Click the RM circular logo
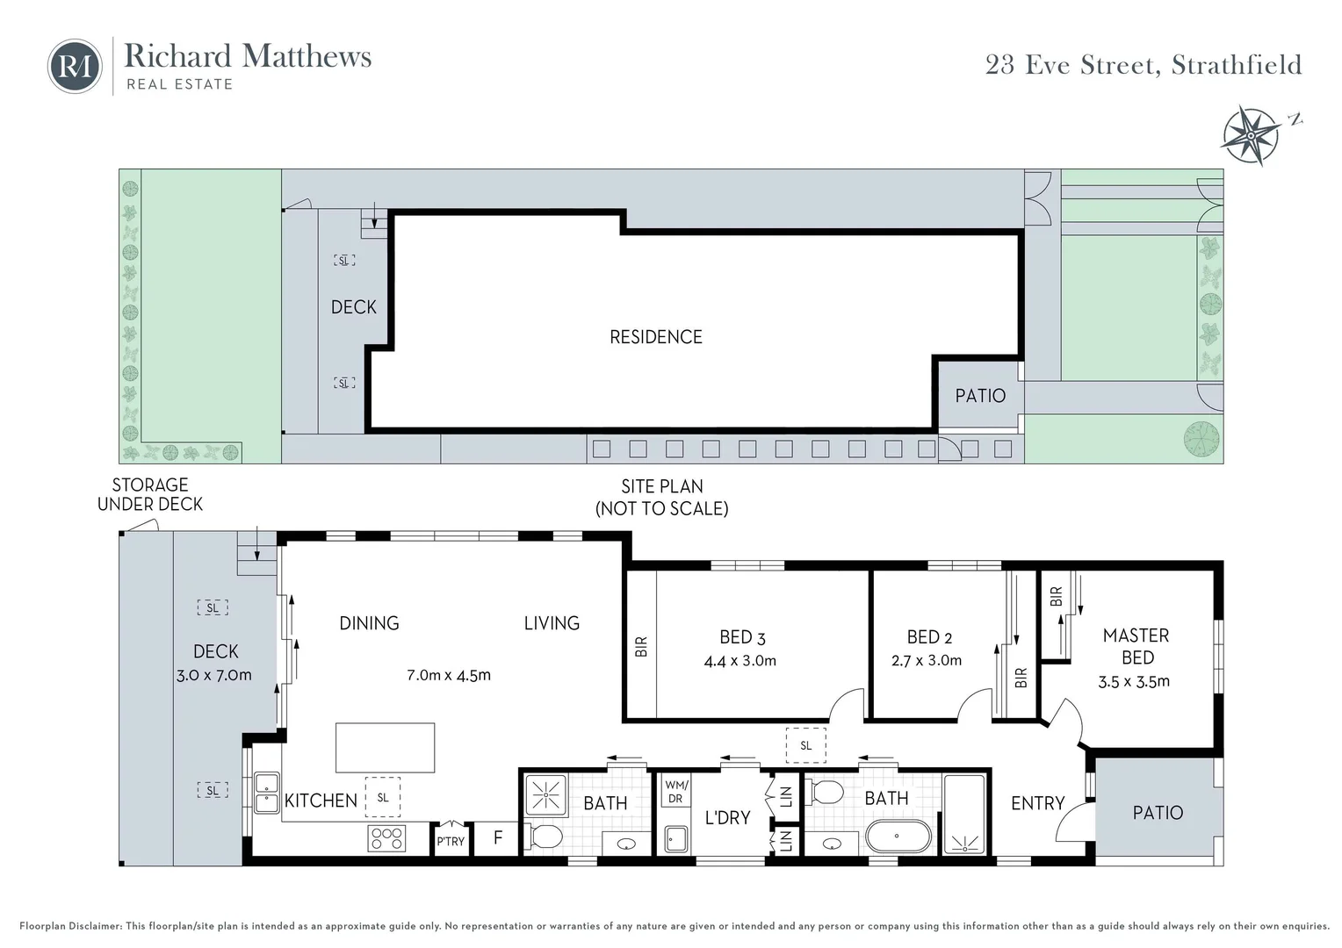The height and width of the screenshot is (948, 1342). (75, 66)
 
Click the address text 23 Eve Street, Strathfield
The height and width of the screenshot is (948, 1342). (1144, 65)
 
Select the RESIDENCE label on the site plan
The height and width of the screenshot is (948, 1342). (656, 337)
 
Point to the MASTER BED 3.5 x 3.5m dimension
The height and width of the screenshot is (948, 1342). (1134, 681)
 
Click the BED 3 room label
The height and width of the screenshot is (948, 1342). (742, 637)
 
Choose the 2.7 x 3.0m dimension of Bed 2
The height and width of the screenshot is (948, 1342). (927, 661)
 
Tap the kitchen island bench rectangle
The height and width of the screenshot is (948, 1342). (385, 747)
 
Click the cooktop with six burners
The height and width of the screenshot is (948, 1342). (386, 838)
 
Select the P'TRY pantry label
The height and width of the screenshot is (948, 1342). (451, 842)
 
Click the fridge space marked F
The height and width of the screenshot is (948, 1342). (497, 837)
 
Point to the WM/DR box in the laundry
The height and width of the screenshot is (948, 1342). (675, 791)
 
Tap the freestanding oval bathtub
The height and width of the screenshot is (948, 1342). (898, 836)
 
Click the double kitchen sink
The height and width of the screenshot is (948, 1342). (267, 793)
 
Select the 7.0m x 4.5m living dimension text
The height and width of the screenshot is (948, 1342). (449, 676)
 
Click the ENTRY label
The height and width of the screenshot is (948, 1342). (1037, 803)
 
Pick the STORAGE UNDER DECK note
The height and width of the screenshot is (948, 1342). (150, 495)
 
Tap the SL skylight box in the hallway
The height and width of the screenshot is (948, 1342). (805, 745)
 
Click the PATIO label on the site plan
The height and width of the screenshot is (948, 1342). (980, 396)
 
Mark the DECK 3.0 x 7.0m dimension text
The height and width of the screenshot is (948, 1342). (214, 676)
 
